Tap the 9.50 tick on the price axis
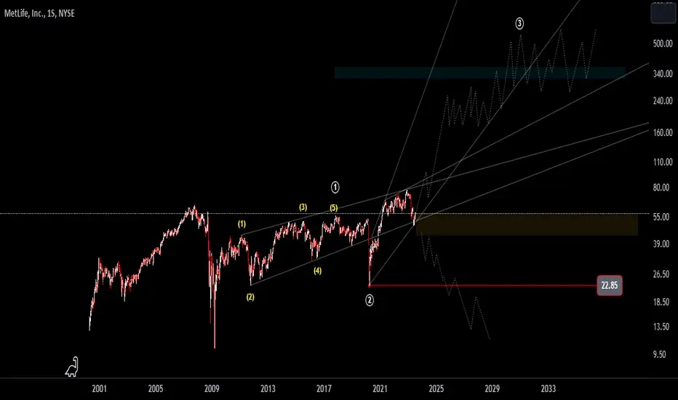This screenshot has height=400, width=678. coord(660,355)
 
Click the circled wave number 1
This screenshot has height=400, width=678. coord(335,187)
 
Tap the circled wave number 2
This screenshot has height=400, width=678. coord(370,299)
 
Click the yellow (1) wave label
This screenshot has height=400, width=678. coord(242,224)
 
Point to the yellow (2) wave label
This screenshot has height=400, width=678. coord(250,297)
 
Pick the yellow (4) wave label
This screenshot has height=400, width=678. coord(318,271)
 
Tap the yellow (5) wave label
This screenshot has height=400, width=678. coord(333,208)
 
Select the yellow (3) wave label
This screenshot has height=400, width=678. coord(303,207)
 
